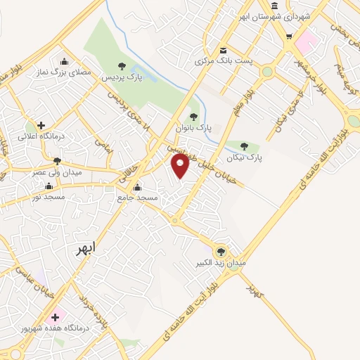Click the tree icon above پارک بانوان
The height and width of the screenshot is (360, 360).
click(x=193, y=117)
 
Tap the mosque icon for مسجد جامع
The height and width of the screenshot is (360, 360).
click(x=137, y=188)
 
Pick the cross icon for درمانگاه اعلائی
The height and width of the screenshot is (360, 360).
click(x=41, y=125)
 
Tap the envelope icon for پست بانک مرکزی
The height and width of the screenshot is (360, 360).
click(x=224, y=50)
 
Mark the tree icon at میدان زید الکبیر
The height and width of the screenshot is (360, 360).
click(x=221, y=251)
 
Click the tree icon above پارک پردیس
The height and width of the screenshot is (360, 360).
click(x=122, y=65)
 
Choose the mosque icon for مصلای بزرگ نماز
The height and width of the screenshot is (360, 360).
click(x=65, y=61)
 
